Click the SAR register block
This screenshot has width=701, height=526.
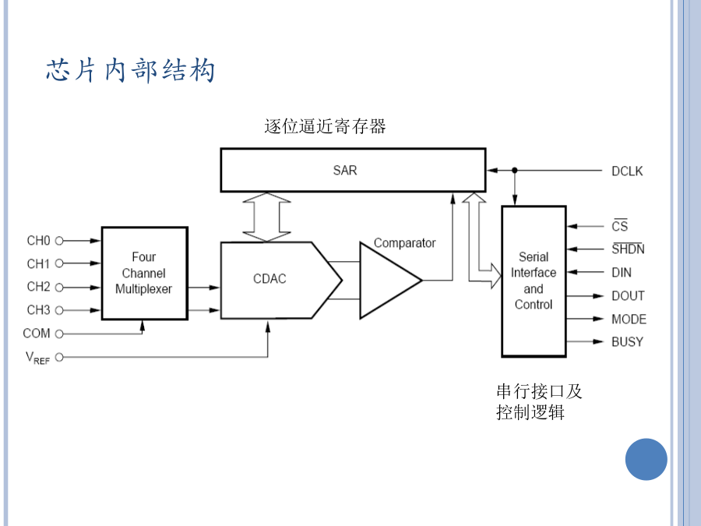coord(351,170)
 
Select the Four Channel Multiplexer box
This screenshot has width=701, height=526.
coord(144,273)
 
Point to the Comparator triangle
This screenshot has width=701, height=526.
coord(388,279)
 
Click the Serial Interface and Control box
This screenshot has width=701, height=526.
coord(534,281)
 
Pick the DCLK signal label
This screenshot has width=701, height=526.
coord(627,171)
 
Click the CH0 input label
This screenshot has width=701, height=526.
coord(38,241)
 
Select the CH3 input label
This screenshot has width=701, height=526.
coord(38,310)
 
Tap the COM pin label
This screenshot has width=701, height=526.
coord(37,334)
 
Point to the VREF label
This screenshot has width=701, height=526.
coord(37,358)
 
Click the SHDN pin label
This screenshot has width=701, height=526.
coord(628,249)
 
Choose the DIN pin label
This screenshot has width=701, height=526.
coord(622,273)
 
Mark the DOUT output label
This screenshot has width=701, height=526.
coord(628,296)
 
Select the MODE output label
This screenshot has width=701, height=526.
coord(629,319)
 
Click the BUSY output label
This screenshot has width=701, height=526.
coord(627,341)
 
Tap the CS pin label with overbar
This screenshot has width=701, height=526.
coord(619,226)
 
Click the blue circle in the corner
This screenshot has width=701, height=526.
coord(646,459)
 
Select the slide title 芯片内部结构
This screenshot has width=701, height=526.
coord(130,71)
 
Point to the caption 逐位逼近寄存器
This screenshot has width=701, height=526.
coord(325,126)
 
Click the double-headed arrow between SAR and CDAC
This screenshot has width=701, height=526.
coord(266,217)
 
